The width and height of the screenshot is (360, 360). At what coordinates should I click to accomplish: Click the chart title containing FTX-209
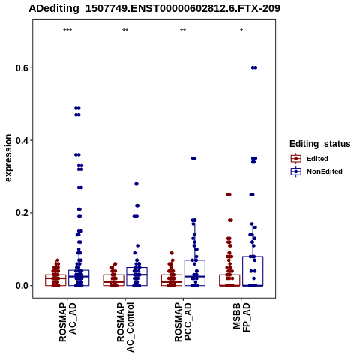(x=154, y=8)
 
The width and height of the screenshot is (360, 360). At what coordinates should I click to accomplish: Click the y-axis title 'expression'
(x=8, y=158)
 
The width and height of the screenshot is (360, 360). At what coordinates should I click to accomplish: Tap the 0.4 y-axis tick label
(x=22, y=140)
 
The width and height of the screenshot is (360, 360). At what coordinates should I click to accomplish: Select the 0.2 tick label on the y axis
(x=22, y=213)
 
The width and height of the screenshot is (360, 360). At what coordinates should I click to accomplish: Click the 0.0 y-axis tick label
(x=22, y=286)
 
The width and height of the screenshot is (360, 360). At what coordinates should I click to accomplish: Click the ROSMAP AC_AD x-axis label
(x=67, y=322)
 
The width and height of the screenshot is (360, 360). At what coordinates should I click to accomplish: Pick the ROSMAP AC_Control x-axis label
(x=125, y=327)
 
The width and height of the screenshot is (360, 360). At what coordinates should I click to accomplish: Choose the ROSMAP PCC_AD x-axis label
(x=183, y=322)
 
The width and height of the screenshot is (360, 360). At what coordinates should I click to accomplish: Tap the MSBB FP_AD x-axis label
(x=241, y=317)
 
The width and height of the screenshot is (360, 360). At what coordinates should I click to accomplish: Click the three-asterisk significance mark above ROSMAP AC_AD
(x=67, y=31)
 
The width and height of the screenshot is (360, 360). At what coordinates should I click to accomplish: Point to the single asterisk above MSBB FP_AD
(x=241, y=31)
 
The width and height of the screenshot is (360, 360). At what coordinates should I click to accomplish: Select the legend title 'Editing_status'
(x=320, y=144)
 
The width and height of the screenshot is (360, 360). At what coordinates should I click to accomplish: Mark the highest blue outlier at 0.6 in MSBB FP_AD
(x=254, y=67)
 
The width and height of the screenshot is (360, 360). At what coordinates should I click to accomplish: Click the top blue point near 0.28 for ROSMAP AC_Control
(x=136, y=184)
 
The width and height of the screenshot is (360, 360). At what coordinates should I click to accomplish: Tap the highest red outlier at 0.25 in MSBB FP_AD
(x=229, y=195)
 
